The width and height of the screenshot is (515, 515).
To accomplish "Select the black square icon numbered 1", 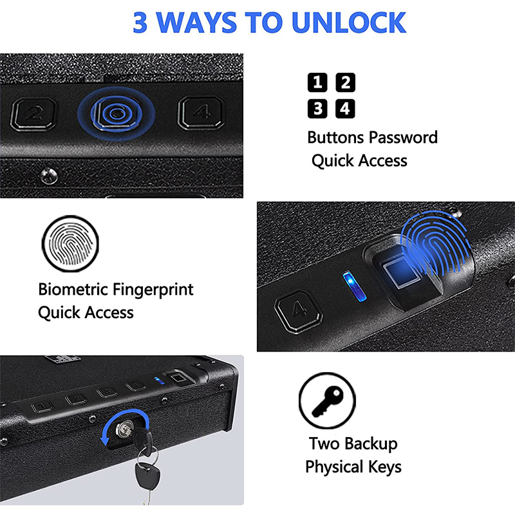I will point(317,82).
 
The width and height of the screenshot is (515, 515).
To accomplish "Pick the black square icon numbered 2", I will point(346,82).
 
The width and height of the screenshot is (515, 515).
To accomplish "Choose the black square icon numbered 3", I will point(317,109).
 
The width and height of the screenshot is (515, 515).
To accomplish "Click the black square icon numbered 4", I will point(346,109).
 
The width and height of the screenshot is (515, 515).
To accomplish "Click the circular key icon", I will point(327,402).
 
